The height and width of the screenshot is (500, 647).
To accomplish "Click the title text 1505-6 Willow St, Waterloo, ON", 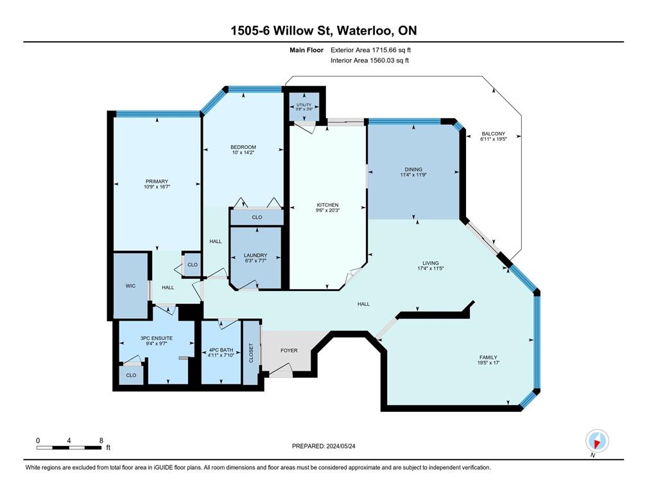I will tap(323, 31).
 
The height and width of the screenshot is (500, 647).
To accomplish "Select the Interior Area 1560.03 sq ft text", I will tap(369, 60).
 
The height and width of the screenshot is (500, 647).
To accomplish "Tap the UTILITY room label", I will tap(304, 105).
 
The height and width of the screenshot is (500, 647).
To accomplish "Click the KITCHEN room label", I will tap(327, 205).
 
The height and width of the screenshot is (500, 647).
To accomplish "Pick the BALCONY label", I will tap(494, 134).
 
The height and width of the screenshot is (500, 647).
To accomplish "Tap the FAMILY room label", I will tap(487, 357).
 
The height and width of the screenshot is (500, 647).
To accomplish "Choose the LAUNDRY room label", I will tap(255, 255).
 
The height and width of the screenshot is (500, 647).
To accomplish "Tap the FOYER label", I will tap(289, 351).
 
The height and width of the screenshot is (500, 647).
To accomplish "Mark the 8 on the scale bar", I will tap(101, 441).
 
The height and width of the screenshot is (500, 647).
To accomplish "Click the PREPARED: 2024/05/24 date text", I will tap(323, 445).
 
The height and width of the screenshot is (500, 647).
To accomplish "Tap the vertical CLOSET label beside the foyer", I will tap(250, 353).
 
